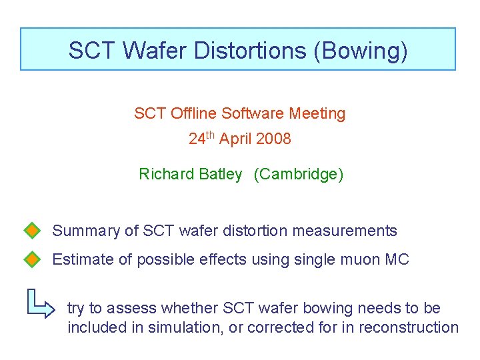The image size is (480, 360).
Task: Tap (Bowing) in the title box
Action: [x=361, y=50]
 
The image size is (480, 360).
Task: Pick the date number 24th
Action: [x=201, y=139]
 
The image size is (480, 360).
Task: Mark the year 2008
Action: [x=275, y=139]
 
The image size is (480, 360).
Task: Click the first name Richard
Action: [x=167, y=175]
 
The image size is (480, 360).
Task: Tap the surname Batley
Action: [x=221, y=175]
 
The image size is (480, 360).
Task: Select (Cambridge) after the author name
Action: [x=299, y=175]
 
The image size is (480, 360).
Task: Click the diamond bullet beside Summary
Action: [x=32, y=231]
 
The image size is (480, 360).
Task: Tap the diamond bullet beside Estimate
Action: [x=32, y=259]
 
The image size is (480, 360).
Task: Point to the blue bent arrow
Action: [x=41, y=303]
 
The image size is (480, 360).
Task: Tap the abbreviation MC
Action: [x=397, y=259]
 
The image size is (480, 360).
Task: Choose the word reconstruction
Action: [x=409, y=327]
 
